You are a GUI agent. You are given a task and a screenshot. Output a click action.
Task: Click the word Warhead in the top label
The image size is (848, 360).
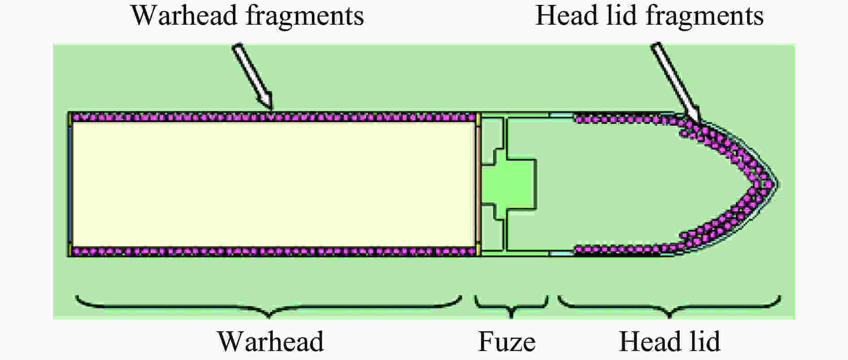(x=185, y=16)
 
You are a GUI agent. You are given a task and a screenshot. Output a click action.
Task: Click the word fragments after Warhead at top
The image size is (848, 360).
(x=305, y=16)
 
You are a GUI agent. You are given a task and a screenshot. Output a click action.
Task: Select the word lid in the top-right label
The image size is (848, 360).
(x=617, y=16)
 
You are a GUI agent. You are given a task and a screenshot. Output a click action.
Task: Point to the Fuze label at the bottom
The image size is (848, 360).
(x=507, y=342)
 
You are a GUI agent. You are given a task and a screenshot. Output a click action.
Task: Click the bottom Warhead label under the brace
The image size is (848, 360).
(x=271, y=342)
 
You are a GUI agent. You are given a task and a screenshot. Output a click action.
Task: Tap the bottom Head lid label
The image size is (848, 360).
(x=669, y=342)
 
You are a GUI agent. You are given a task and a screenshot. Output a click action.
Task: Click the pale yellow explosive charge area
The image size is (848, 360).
(x=273, y=184)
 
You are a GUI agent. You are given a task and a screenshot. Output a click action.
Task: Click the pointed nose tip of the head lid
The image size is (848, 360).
(x=778, y=184)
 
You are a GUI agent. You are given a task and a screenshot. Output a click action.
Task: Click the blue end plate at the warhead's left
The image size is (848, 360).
(x=70, y=184)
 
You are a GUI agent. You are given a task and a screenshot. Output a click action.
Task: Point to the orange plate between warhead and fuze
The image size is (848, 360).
(x=478, y=184)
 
